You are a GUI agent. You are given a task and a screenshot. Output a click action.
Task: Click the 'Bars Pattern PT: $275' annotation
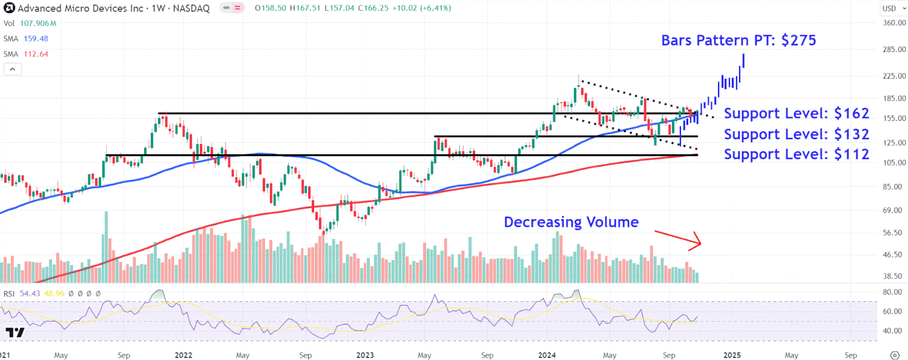coord(739,41)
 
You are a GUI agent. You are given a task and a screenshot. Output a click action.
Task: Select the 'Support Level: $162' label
coord(797,113)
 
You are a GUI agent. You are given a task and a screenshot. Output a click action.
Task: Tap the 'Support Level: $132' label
coord(797,134)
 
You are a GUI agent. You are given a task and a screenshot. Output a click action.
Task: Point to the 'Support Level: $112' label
coord(797,154)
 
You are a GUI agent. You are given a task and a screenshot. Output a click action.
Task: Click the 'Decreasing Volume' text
coord(571,222)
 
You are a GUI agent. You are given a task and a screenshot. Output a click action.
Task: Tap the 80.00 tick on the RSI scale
coord(889,292)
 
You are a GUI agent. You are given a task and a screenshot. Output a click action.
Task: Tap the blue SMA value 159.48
coord(35,38)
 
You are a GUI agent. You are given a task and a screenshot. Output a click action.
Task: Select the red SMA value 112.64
coord(35,54)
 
